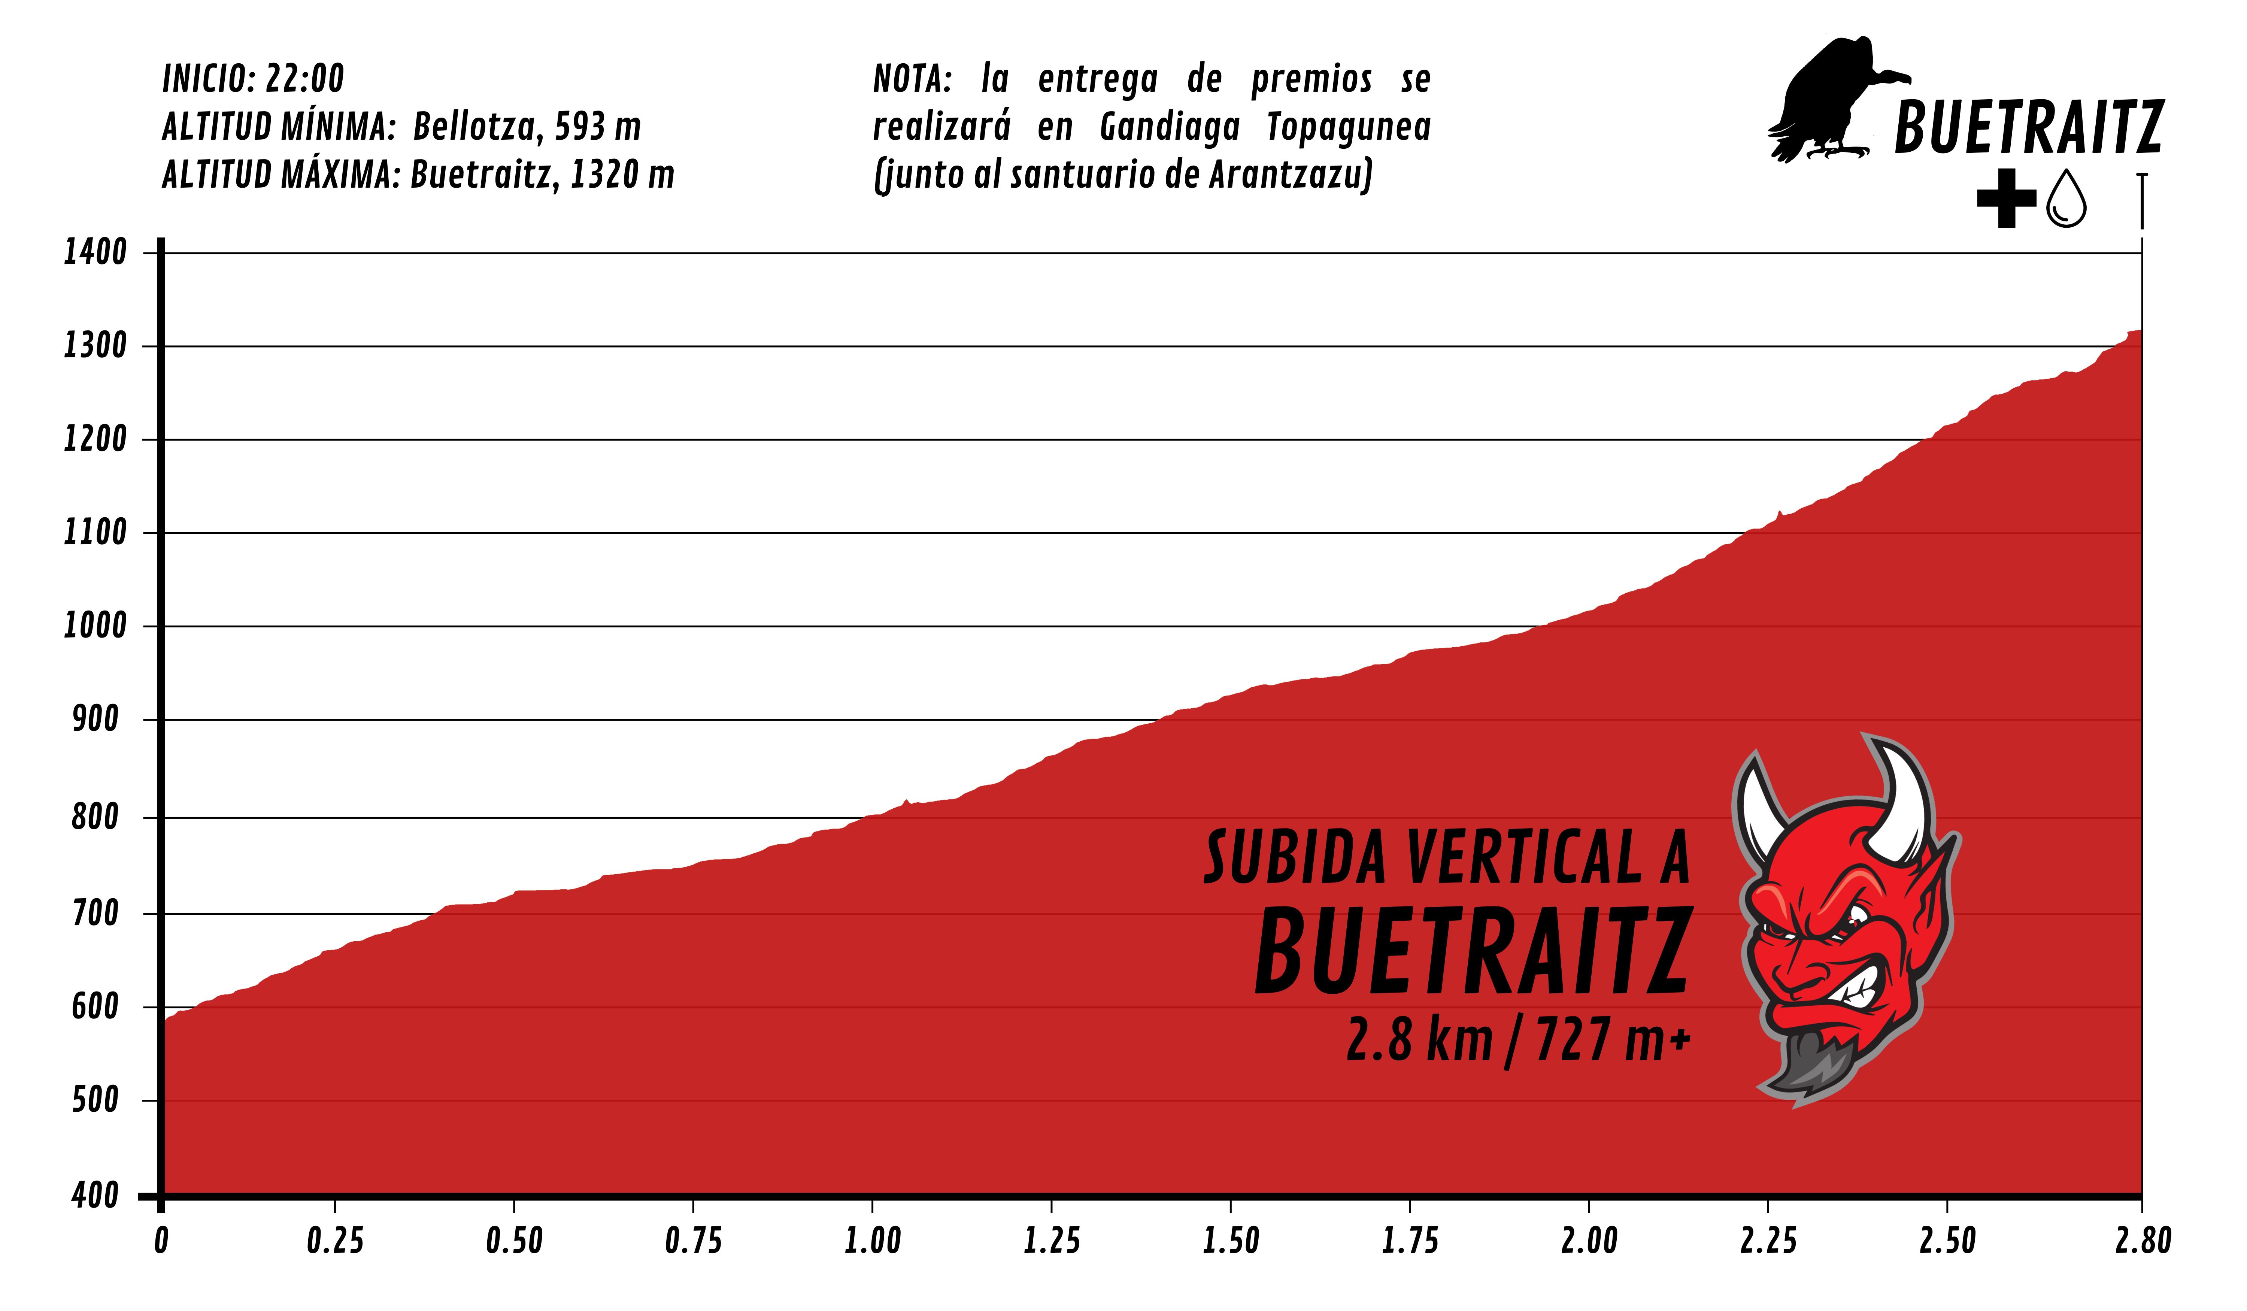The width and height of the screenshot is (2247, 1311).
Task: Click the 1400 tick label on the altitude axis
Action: [x=94, y=252]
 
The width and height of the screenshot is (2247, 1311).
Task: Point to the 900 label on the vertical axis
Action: [x=94, y=719]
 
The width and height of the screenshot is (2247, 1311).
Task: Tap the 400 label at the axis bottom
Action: [x=94, y=1195]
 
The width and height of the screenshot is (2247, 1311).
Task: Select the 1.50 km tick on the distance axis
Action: [x=1231, y=1241]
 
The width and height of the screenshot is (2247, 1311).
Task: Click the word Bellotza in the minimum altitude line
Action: [x=474, y=127]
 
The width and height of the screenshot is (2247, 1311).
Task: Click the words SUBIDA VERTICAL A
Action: [x=1446, y=858]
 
